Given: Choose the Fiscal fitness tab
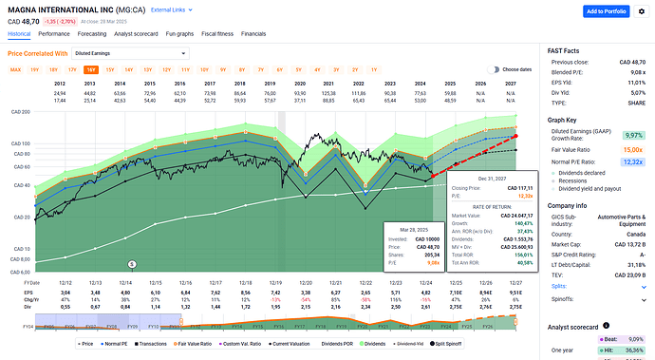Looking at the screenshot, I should point(217,33).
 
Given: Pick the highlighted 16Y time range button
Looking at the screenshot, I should point(90,69).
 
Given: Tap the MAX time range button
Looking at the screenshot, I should point(16,69).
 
